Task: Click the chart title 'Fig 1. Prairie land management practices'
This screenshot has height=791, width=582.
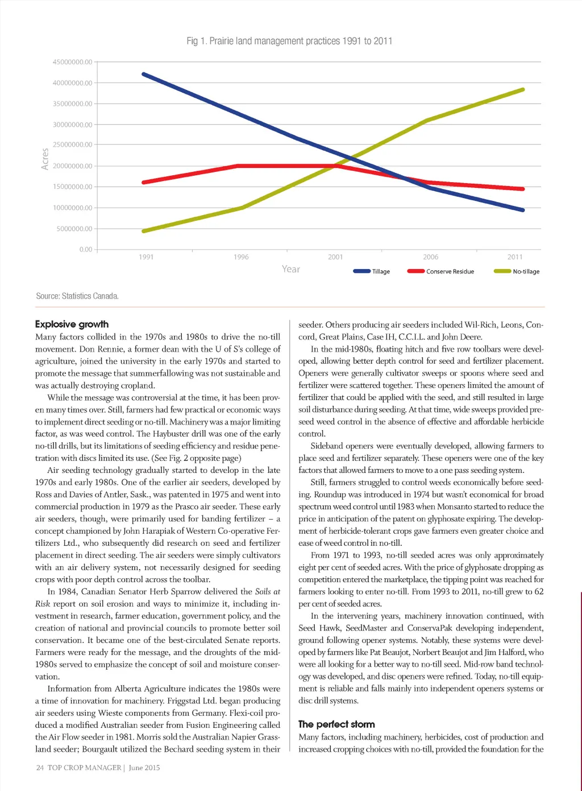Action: click(x=289, y=41)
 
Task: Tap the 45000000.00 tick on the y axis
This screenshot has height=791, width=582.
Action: click(x=72, y=62)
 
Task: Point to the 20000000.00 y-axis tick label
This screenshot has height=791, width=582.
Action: click(x=72, y=166)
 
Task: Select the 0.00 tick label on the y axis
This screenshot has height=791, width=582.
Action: click(x=86, y=249)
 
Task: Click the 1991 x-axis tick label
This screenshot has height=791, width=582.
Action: click(x=146, y=257)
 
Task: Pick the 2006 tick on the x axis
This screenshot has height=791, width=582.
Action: click(x=430, y=257)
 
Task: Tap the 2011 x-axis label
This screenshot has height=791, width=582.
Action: click(x=515, y=257)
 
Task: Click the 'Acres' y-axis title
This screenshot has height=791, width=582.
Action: click(x=45, y=159)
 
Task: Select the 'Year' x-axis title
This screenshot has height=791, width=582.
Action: click(x=291, y=269)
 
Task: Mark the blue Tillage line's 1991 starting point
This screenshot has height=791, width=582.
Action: click(x=143, y=74)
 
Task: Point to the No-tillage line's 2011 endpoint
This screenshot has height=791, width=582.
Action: click(x=522, y=89)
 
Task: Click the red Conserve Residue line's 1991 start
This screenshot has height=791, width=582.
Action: click(x=143, y=183)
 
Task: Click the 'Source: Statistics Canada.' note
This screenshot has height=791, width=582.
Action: click(x=77, y=296)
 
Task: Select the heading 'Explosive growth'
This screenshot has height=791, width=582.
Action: click(x=72, y=324)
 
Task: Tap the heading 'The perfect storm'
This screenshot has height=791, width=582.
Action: click(x=336, y=724)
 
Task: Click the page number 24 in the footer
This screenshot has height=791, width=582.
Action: click(x=40, y=768)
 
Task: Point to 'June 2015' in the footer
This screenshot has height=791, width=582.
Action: click(x=144, y=768)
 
